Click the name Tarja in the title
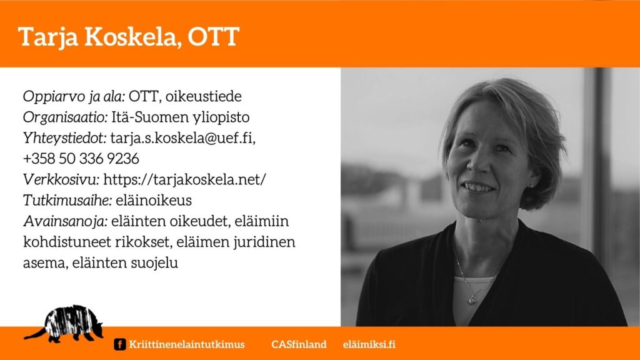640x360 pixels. (x=49, y=37)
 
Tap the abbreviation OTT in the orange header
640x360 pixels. (x=213, y=37)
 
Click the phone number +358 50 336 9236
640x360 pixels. (x=81, y=158)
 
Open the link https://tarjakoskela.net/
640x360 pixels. (x=185, y=179)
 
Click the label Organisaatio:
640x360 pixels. (x=65, y=117)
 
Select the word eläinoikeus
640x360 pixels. (x=154, y=200)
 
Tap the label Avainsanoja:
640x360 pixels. (x=65, y=221)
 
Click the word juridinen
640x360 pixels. (x=264, y=242)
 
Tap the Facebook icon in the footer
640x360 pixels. (x=119, y=344)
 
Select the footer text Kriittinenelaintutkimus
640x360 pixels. (x=187, y=344)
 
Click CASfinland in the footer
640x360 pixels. (x=299, y=344)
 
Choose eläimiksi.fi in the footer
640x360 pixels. (x=369, y=344)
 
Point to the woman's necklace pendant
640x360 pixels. (x=472, y=299)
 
